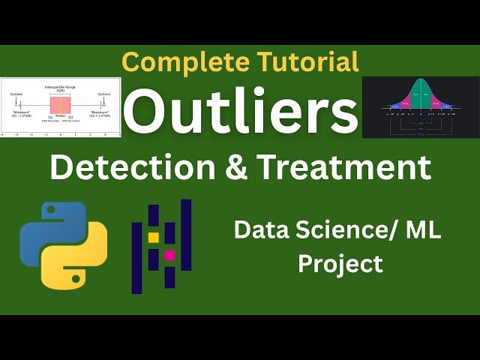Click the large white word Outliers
point(240,112)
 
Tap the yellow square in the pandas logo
point(154,237)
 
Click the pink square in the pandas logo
point(169,256)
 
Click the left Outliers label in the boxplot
point(16,94)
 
